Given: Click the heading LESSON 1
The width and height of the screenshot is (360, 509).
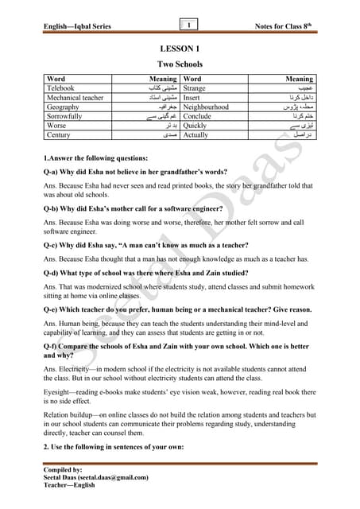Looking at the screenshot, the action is [x=180, y=49].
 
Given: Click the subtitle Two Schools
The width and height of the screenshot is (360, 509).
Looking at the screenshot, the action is [x=180, y=64].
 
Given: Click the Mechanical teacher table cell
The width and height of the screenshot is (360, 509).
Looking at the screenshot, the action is [x=75, y=98].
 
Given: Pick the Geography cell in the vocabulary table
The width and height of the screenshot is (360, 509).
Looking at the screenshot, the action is [x=63, y=107].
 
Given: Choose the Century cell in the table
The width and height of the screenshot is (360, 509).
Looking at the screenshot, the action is [x=60, y=135].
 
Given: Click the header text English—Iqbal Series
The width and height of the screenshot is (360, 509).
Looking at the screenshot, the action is [x=78, y=27].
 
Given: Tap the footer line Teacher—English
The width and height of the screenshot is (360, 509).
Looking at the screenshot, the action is [x=69, y=485].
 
